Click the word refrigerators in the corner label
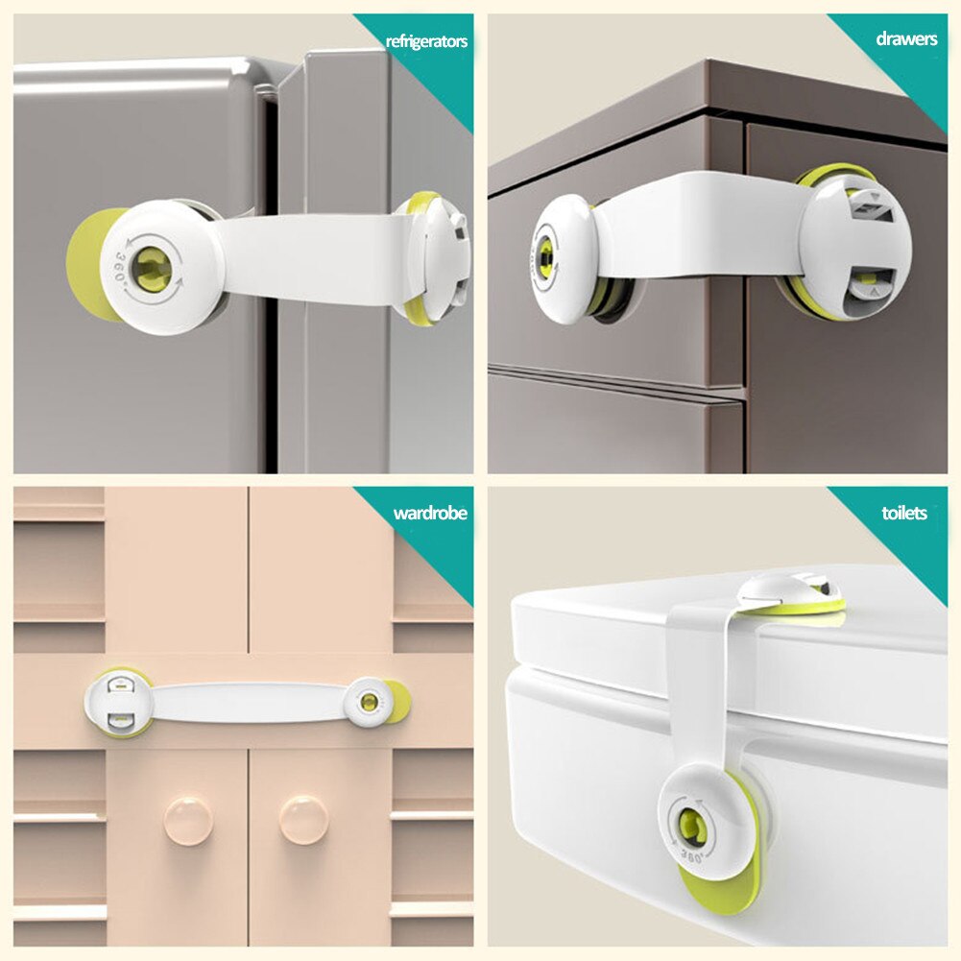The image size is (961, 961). click(426, 41)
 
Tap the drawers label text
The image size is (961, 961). click(906, 39)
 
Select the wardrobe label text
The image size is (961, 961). click(429, 514)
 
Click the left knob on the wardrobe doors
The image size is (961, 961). click(187, 819)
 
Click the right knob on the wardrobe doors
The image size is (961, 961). click(303, 818)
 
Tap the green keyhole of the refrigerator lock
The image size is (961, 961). click(153, 267)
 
